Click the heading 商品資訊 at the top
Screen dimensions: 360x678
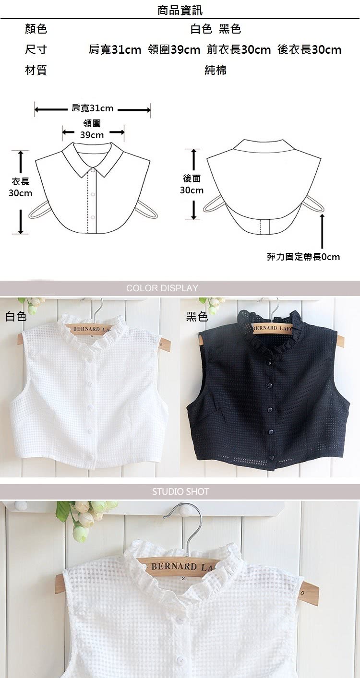pyautogui.click(x=180, y=10)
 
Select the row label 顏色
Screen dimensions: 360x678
pyautogui.click(x=36, y=29)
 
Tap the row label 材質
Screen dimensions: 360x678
pyautogui.click(x=36, y=70)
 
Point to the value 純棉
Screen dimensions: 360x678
pyautogui.click(x=215, y=70)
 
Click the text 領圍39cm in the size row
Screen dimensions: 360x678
pyautogui.click(x=174, y=49)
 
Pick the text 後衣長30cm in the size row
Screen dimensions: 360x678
pyautogui.click(x=309, y=49)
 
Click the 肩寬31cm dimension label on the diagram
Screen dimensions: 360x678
pyautogui.click(x=92, y=108)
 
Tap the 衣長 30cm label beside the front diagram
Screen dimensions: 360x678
pyautogui.click(x=20, y=187)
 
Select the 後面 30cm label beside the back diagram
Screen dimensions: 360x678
pyautogui.click(x=192, y=184)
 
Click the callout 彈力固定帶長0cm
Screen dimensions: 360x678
pyautogui.click(x=303, y=257)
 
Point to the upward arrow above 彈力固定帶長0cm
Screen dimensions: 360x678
pyautogui.click(x=322, y=231)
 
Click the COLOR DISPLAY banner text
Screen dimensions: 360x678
pyautogui.click(x=162, y=288)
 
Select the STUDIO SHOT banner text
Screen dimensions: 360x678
pyautogui.click(x=180, y=491)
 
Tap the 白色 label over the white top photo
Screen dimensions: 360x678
pyautogui.click(x=16, y=317)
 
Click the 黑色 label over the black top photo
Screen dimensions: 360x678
pyautogui.click(x=197, y=317)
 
